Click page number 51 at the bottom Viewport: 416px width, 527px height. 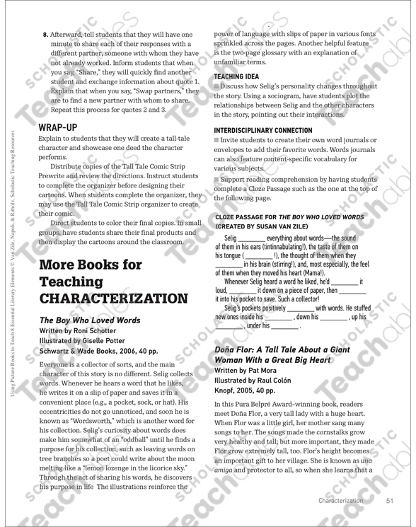coord(391,502)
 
